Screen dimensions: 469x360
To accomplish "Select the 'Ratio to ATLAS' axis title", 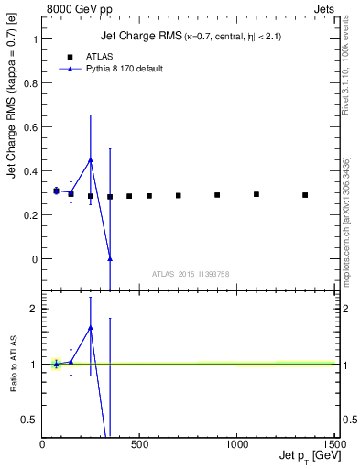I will pyautogui.click(x=15, y=365).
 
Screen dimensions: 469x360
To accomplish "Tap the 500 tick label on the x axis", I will pyautogui.click(x=139, y=445).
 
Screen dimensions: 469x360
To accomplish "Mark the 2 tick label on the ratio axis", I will pyautogui.click(x=35, y=309).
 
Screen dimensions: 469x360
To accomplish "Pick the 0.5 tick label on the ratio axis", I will pyautogui.click(x=31, y=420).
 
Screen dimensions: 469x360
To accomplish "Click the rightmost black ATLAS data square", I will pyautogui.click(x=305, y=195).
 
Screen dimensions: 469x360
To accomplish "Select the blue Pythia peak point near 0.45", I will pyautogui.click(x=91, y=159).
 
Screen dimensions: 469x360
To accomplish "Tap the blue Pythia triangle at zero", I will pyautogui.click(x=110, y=259).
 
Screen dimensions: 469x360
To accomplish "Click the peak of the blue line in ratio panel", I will pyautogui.click(x=91, y=327).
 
